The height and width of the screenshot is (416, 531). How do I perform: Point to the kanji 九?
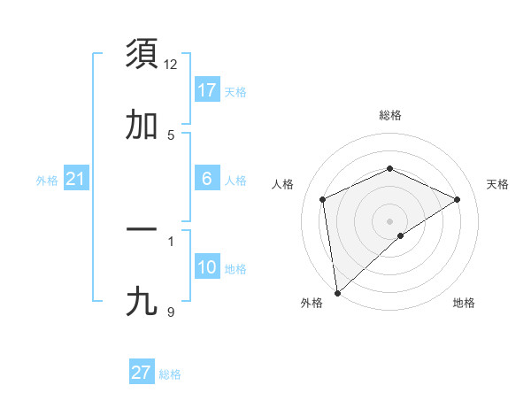pos(142,303)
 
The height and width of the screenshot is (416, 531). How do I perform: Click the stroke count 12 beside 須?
pos(171,65)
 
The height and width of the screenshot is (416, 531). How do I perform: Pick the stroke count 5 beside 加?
pos(171,135)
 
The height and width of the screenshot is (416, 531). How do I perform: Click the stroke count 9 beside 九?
pos(171,312)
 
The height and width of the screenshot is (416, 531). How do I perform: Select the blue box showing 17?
pos(207,90)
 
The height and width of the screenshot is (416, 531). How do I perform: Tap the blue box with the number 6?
pos(207,179)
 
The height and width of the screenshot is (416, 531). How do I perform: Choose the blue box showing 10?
pos(207,267)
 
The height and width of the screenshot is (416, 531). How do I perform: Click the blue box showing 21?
pos(76,180)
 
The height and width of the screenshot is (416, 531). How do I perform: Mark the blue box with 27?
pos(142,373)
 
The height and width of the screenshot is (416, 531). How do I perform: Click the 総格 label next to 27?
pos(170,374)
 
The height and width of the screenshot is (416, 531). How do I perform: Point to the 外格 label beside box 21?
pos(47,181)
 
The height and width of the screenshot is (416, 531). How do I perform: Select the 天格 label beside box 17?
pos(235,92)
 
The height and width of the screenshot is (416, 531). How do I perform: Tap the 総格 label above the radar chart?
pos(389,115)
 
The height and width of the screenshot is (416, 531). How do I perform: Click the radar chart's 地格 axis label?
pos(464,303)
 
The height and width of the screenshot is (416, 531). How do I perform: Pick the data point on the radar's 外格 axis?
pos(337,293)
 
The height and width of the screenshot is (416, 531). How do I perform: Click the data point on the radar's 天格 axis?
pos(458,199)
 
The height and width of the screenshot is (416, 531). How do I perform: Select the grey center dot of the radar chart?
pos(389,220)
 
